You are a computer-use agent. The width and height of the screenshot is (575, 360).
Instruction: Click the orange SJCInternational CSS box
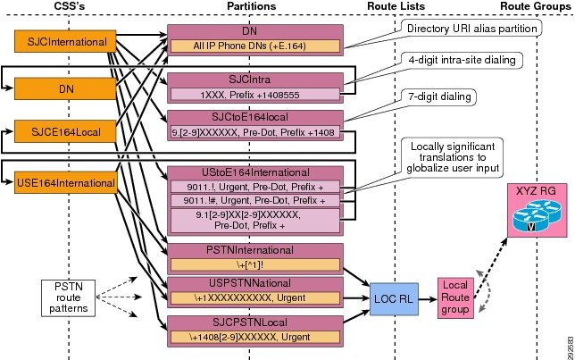[65, 41]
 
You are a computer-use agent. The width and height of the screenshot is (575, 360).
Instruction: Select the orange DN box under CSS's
[65, 88]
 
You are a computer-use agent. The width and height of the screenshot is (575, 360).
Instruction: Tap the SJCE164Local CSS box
[65, 131]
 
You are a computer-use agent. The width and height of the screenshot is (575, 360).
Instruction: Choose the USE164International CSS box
[66, 182]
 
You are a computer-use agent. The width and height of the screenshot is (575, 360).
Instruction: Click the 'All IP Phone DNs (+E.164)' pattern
[255, 46]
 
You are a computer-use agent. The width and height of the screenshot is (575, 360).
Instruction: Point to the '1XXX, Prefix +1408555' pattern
[255, 95]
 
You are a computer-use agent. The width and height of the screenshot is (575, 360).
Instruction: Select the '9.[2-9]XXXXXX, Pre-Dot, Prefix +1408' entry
[255, 132]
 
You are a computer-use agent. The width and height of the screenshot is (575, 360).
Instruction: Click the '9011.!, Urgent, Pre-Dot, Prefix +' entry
[255, 187]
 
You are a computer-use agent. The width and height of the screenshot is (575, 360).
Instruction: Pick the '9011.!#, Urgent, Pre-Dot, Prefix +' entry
[255, 200]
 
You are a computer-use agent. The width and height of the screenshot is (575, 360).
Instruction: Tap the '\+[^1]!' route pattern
[255, 265]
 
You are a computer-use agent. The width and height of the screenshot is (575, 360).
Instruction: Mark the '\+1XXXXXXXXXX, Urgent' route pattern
[255, 297]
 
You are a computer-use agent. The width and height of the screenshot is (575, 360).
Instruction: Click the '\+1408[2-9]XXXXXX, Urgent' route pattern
[255, 337]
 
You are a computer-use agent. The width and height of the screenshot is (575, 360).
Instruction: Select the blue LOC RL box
[394, 298]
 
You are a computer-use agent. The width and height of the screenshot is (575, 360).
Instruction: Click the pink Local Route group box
[455, 297]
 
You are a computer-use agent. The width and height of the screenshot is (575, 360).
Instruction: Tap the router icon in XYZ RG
[536, 216]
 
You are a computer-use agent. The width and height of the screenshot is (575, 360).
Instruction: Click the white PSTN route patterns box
[68, 298]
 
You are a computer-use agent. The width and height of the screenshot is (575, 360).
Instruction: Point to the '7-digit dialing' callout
[439, 96]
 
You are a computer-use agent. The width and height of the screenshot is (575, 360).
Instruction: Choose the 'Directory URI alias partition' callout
[471, 29]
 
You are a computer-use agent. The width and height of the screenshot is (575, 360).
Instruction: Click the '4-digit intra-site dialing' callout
[462, 60]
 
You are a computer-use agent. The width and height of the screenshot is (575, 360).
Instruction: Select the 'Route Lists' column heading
[396, 6]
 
